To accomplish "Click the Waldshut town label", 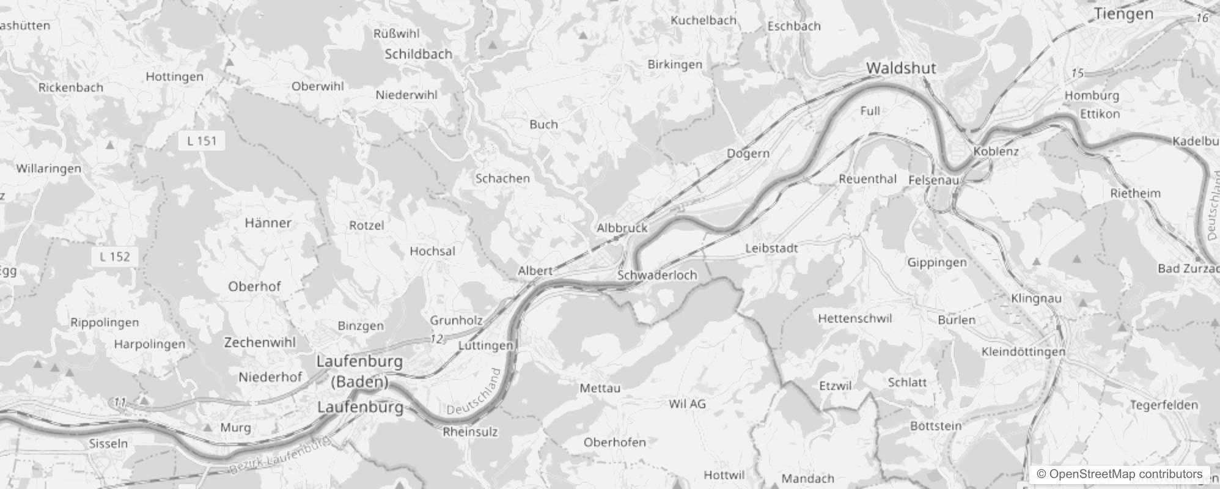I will [x=901, y=68].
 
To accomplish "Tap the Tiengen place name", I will [x=1123, y=13].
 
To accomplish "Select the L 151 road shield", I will [x=202, y=141].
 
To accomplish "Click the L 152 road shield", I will [x=115, y=256].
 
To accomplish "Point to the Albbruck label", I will [x=622, y=227].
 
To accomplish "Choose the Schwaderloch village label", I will [x=657, y=275].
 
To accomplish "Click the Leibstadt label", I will [x=771, y=248].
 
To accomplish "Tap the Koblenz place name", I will [x=996, y=151].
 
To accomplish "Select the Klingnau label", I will [x=1036, y=298].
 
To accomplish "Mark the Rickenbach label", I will [x=71, y=87].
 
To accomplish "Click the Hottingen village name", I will [x=174, y=76].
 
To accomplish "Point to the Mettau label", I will [x=600, y=388].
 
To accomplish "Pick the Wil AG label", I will [x=687, y=403].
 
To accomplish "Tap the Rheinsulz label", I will [x=470, y=432].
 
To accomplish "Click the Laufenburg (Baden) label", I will [x=359, y=372].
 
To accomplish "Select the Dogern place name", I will [x=748, y=153].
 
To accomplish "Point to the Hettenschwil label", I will [x=854, y=318].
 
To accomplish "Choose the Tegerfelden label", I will [x=1164, y=405].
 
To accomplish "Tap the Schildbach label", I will [x=418, y=54].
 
